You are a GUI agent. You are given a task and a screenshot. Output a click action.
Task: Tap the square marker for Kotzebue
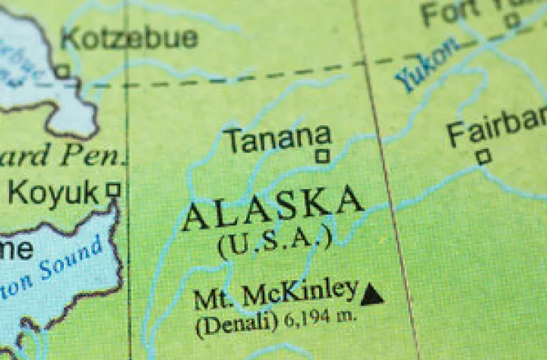63,71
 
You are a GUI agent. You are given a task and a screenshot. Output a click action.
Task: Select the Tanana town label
280,139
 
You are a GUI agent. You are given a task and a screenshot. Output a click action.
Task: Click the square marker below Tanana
323,156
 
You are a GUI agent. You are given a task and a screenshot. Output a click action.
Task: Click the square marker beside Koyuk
114,188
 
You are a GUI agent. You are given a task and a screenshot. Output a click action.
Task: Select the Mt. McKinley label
275,293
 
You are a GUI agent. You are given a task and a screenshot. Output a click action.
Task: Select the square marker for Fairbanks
483,157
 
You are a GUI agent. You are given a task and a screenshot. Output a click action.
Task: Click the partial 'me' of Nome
15,248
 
